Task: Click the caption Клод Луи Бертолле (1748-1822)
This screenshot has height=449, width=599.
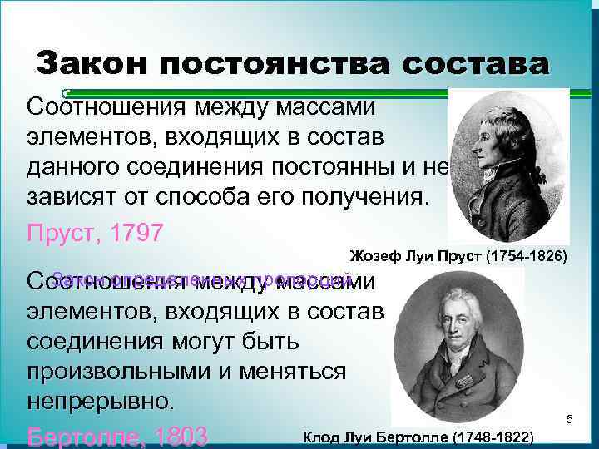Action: coord(418,437)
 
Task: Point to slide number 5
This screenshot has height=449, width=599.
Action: coord(570,420)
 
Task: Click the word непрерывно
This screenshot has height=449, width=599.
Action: coord(101,402)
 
